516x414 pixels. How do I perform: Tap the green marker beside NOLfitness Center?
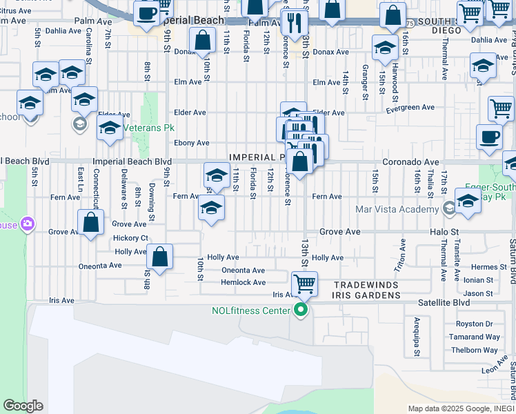[x=300, y=310]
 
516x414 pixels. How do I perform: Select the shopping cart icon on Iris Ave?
[x=304, y=283]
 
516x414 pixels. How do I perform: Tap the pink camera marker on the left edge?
[x=28, y=224]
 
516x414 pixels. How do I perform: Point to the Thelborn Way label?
[x=475, y=350]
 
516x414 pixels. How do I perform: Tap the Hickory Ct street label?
[x=130, y=238]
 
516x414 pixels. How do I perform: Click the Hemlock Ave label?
[x=243, y=282]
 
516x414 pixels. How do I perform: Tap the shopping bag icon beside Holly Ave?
[x=159, y=257]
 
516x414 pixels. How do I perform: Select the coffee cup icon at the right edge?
[x=489, y=135]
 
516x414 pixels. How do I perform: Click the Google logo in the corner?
[x=22, y=406]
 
